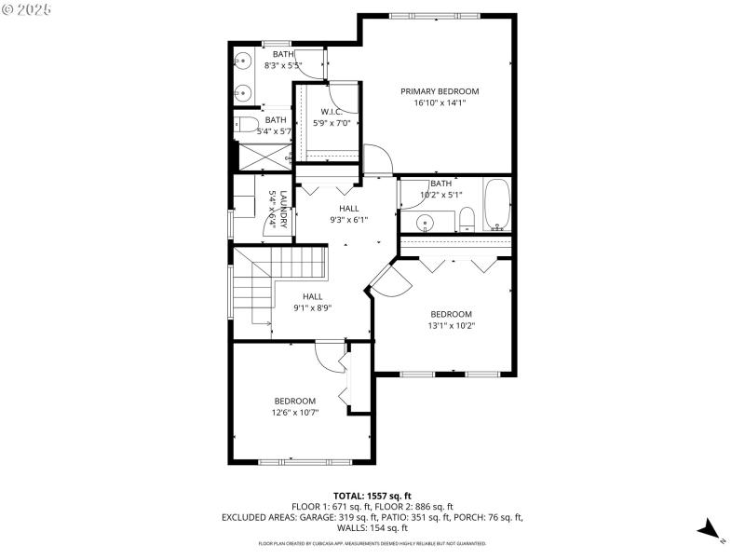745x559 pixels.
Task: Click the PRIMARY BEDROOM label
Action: tap(440, 91)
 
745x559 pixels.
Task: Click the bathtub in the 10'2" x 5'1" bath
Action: tap(497, 205)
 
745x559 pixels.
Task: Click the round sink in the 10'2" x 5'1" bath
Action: tap(425, 223)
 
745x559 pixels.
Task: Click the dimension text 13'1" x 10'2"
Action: tap(451, 326)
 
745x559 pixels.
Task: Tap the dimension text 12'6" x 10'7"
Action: tap(294, 412)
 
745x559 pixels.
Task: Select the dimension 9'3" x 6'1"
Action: tap(348, 220)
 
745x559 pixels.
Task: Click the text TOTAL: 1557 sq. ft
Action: tap(372, 496)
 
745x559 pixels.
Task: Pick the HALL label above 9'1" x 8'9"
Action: tap(312, 296)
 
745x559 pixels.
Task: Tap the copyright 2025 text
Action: tap(27, 8)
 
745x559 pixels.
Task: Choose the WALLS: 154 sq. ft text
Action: tap(372, 527)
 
